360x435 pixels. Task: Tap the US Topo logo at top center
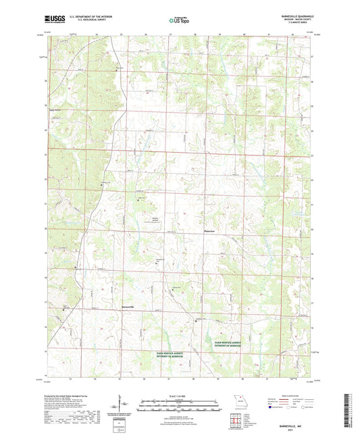tap(178, 22)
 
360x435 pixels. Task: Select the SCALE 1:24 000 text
tap(178, 394)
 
